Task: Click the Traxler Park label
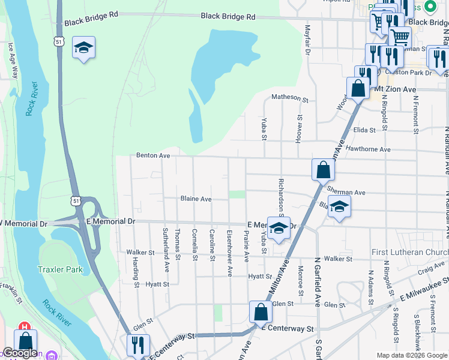point(61,269)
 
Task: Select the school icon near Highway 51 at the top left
point(83,49)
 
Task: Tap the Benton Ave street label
point(153,155)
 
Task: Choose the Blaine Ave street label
point(196,199)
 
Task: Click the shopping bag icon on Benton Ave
point(323,170)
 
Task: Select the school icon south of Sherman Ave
point(340,208)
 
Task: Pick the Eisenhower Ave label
point(229,253)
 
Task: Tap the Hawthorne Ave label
point(368,149)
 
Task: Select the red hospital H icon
point(25,328)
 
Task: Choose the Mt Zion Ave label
point(395,89)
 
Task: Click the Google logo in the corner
point(20,353)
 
